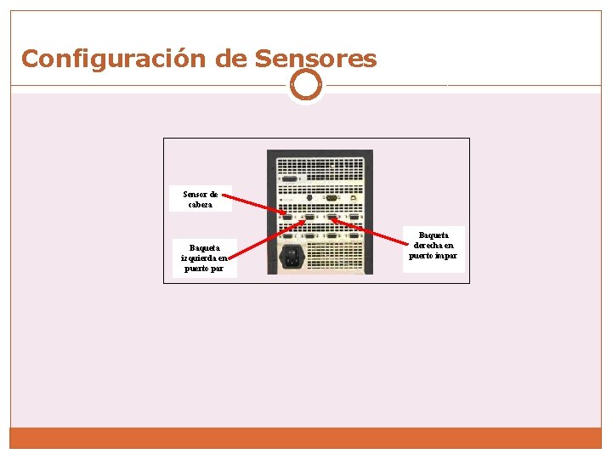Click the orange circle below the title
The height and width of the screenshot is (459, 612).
click(306, 85)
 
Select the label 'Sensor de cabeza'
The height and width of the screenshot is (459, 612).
click(201, 199)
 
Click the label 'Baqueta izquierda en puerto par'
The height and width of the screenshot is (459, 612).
click(204, 258)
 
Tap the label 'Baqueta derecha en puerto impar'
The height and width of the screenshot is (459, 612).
click(433, 246)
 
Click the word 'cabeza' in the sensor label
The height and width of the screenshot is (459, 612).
click(201, 205)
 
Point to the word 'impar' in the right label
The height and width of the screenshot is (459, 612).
click(445, 256)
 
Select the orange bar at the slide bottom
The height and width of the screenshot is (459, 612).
click(306, 438)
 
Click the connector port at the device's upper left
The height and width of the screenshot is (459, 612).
click(289, 179)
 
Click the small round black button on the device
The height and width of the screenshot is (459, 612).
click(309, 198)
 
